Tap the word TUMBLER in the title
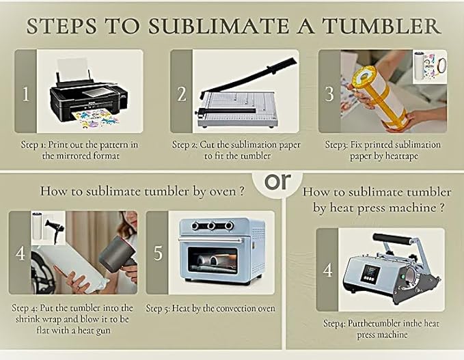tap(381, 26)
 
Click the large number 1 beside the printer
tap(26, 94)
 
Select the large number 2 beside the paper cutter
tap(181, 94)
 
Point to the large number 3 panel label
tap(329, 94)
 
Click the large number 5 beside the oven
tap(158, 253)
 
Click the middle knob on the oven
tap(211, 226)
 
